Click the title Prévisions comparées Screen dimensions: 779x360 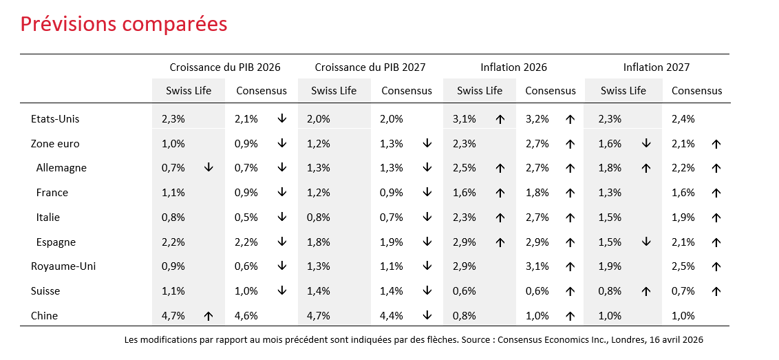point(124,24)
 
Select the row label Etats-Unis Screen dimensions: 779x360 point(55,119)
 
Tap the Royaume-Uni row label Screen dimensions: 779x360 point(63,266)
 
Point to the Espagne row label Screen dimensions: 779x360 point(56,242)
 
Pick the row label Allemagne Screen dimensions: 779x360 point(61,167)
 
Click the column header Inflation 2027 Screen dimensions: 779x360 point(657,67)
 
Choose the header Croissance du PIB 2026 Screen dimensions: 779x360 point(225,67)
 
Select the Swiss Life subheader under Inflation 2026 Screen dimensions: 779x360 point(480,90)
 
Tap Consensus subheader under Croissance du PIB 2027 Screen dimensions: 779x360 point(407,90)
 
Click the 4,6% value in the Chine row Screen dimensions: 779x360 point(246,316)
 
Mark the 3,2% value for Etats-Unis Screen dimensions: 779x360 point(537,119)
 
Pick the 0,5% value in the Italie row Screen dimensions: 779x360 point(246,218)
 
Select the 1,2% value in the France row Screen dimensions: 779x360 point(319,193)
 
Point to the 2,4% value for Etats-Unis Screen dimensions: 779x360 point(683,119)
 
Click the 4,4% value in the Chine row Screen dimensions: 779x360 point(391,316)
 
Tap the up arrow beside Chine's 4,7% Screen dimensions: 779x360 point(209,315)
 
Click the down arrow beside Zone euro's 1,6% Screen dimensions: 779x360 point(646,143)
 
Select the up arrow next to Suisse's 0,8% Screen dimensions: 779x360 point(646,291)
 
